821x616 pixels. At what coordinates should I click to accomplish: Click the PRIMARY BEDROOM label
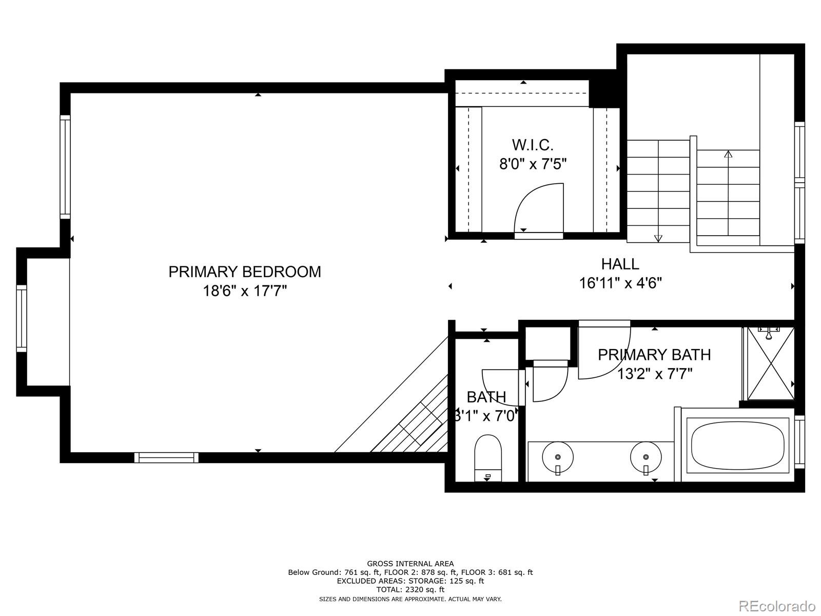[245, 272]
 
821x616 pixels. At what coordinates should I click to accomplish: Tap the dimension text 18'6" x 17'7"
[245, 291]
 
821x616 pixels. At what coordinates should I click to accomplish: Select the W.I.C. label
[533, 145]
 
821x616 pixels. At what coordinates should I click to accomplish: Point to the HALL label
[620, 264]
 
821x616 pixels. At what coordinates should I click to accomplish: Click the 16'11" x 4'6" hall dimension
[620, 283]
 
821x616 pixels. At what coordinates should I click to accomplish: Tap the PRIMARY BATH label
[654, 355]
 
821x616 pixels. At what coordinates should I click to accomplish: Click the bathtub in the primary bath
[737, 445]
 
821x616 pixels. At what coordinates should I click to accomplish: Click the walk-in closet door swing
[539, 208]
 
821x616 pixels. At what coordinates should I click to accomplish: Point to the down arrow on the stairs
[658, 238]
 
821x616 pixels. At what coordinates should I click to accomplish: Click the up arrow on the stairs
[728, 153]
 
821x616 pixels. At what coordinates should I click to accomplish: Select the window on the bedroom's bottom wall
[166, 457]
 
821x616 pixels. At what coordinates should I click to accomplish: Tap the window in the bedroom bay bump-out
[21, 318]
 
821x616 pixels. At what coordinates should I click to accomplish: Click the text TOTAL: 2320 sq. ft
[410, 590]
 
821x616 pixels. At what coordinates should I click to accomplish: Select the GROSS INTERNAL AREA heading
[410, 564]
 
